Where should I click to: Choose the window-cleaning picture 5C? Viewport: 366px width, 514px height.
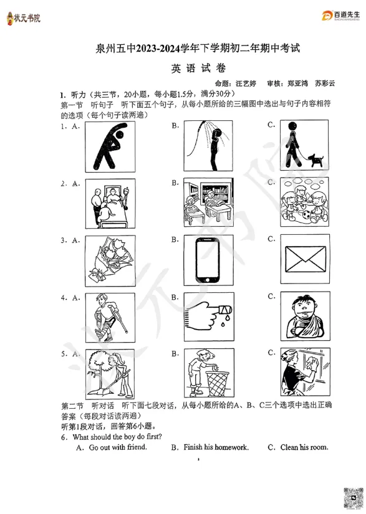point(305,374)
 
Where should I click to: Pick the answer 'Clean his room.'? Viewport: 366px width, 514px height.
point(304,447)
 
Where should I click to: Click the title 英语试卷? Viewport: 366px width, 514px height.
point(194,69)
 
